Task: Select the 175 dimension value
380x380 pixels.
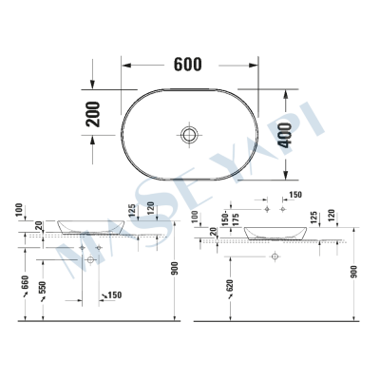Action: pos(237,219)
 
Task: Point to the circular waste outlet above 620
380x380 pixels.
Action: pos(274,257)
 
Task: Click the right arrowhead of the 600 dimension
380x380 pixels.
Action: pos(255,65)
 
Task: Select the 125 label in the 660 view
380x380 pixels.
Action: pos(130,209)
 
